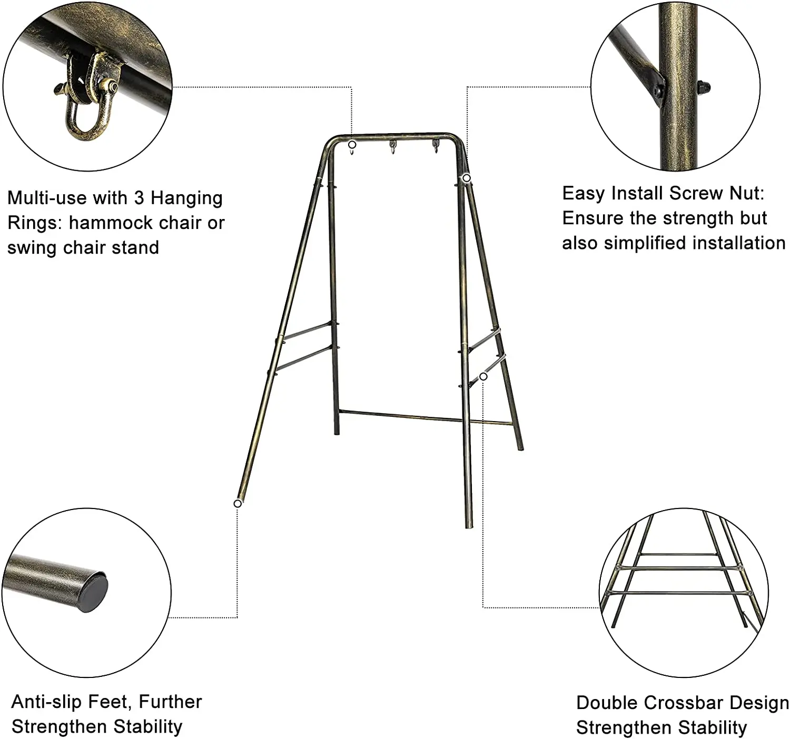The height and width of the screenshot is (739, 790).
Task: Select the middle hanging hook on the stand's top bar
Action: click(392, 148)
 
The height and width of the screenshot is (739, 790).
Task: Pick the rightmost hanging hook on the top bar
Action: click(436, 147)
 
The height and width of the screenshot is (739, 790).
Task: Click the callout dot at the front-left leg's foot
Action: click(238, 504)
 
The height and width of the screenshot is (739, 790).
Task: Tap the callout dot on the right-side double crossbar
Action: click(483, 376)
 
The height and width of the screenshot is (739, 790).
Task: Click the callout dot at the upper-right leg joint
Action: click(466, 178)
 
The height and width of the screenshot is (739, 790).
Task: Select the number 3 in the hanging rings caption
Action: click(139, 198)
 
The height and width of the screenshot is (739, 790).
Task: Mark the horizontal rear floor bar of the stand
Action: click(421, 417)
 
